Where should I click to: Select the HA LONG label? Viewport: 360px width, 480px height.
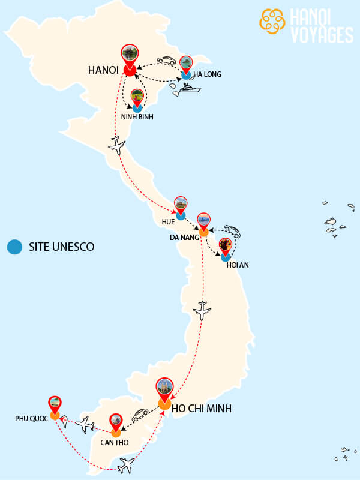click(207, 74)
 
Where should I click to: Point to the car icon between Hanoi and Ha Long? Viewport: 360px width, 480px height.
click(166, 61)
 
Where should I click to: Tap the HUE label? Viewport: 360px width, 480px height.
click(168, 222)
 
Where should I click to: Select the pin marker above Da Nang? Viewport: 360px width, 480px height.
click(204, 221)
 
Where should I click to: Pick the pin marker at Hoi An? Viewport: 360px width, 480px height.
click(226, 246)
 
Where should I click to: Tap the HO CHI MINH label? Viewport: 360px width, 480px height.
click(202, 409)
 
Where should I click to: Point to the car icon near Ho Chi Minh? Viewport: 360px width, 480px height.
click(140, 415)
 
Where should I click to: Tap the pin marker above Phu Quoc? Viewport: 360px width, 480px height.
click(55, 404)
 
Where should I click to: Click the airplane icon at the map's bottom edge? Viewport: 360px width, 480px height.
click(127, 465)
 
